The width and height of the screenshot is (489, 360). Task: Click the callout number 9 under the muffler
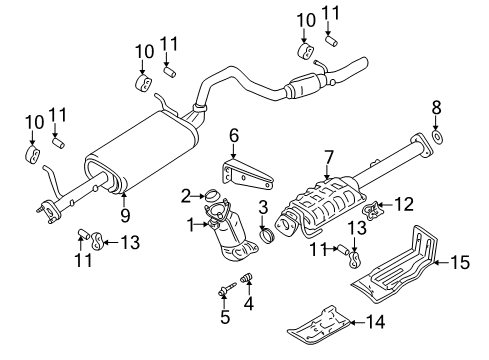point(125,215)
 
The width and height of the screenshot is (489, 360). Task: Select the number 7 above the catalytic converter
point(328,158)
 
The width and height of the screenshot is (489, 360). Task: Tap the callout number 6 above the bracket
point(234,136)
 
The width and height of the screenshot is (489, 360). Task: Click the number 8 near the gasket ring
point(436,108)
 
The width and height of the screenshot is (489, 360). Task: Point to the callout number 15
point(460,262)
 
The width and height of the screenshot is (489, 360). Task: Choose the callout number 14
point(376,322)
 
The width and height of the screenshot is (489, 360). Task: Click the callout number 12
point(404,204)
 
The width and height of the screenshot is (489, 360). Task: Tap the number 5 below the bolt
point(225,317)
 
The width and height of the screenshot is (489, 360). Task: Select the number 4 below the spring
point(249,303)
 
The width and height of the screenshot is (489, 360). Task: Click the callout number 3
point(263,207)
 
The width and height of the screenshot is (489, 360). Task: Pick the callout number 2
point(186,196)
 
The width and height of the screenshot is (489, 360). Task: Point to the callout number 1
point(191,225)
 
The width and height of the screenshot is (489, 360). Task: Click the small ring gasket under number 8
point(436,137)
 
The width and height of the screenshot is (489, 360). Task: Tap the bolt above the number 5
point(227,289)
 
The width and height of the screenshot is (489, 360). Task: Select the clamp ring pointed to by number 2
point(211,195)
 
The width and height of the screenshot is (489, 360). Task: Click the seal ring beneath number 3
point(267,236)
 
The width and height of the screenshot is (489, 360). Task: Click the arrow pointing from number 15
point(442,262)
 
